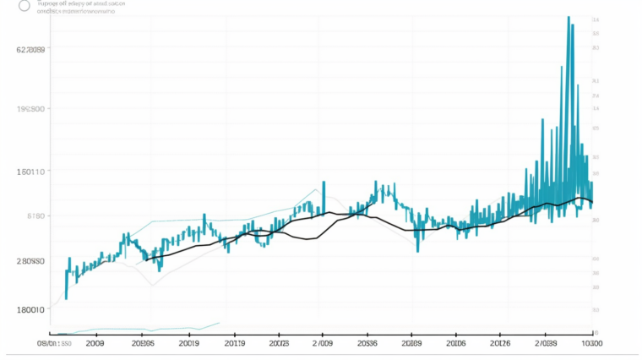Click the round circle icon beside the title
coord(24,5)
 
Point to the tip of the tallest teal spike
coord(569,17)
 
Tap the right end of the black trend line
coord(593,202)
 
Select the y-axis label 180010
coord(30,309)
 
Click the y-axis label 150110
coord(30,172)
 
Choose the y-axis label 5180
coord(35,216)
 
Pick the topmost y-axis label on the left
coord(30,50)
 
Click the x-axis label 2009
coord(94,344)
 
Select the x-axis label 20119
coord(230,344)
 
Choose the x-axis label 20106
coord(455,344)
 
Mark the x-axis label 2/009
coord(322,344)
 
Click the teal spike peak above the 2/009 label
coord(323,182)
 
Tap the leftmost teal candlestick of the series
coord(67,275)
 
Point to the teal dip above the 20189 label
coord(417,250)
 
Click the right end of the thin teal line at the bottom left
coord(220,322)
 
